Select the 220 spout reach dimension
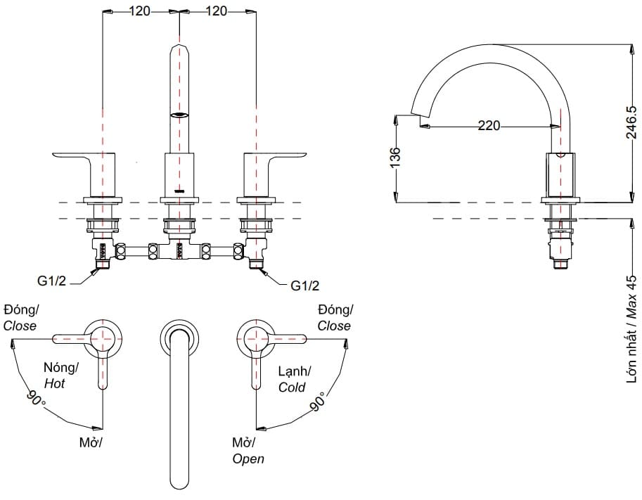[x=489, y=126]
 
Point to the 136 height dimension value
[x=394, y=156]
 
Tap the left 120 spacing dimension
[x=141, y=11]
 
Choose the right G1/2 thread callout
[x=304, y=286]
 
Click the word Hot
[x=54, y=383]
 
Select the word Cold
[x=292, y=387]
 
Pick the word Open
[x=248, y=459]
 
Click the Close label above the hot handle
[x=20, y=326]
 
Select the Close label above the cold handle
[x=334, y=326]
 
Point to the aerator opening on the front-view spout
[x=180, y=115]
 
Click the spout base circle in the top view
[x=179, y=337]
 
